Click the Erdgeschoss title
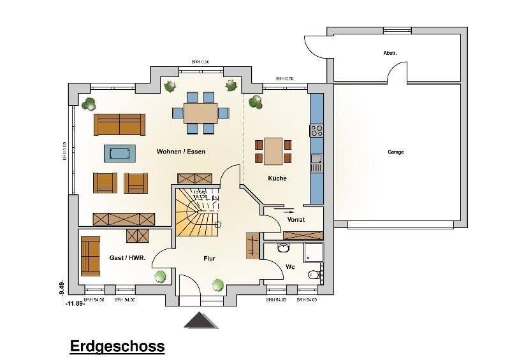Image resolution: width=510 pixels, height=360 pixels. click(x=116, y=347)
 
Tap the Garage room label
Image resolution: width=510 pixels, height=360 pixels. click(x=395, y=152)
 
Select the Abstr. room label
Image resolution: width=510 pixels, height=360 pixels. click(x=390, y=53)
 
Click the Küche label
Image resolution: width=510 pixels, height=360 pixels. click(x=277, y=178)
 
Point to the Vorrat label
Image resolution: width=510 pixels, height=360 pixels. click(x=296, y=220)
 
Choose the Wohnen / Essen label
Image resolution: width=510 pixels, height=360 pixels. click(x=180, y=152)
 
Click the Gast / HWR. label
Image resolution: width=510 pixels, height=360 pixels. click(x=127, y=258)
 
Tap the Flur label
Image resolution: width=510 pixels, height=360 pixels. click(x=209, y=259)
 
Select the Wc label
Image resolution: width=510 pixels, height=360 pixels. click(x=289, y=266)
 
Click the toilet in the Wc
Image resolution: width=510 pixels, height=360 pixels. click(x=314, y=275)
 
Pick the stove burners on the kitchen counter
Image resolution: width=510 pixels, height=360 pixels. click(x=316, y=131)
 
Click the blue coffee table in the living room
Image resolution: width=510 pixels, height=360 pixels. click(x=120, y=154)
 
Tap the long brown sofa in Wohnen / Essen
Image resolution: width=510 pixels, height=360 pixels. click(x=120, y=124)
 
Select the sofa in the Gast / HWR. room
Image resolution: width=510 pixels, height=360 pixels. click(x=90, y=256)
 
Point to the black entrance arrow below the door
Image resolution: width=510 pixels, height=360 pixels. click(x=201, y=320)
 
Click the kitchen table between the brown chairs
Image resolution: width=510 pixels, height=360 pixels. click(x=273, y=151)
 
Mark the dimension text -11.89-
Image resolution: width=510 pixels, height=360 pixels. click(x=75, y=304)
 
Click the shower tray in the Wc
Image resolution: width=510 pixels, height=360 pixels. click(x=314, y=252)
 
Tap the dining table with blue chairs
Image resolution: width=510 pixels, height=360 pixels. click(x=201, y=113)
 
